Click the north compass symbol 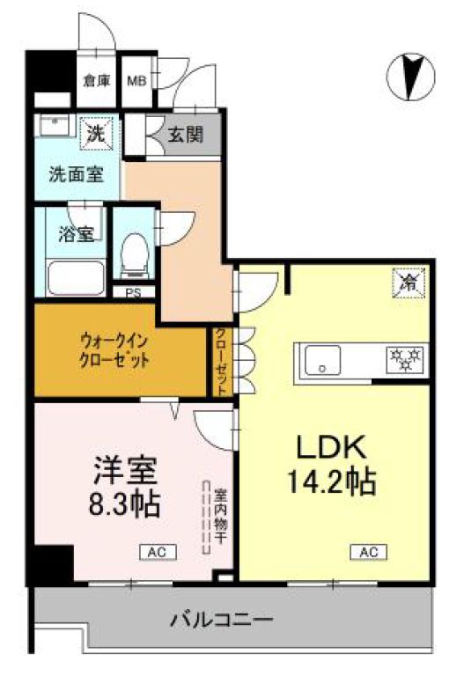409,76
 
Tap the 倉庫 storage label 96,81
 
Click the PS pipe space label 134,293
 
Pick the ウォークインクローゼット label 114,350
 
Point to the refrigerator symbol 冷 408,283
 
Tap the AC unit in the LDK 368,552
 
